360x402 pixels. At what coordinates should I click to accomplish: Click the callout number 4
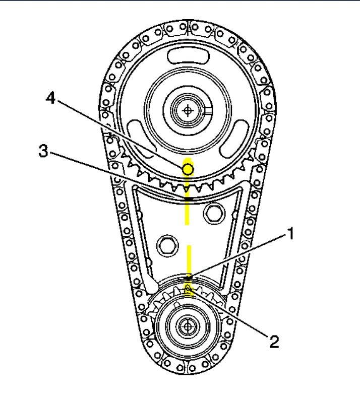point(50,98)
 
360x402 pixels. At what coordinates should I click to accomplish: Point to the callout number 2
point(274,342)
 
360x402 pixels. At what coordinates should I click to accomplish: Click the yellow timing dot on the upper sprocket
point(188,169)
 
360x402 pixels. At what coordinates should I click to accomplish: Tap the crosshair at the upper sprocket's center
point(188,109)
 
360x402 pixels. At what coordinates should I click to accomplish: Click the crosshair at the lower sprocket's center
point(188,326)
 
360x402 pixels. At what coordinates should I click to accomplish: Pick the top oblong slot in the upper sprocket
point(188,54)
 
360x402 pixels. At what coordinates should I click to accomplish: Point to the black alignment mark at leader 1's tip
point(188,278)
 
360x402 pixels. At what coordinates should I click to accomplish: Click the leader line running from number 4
point(121,132)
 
